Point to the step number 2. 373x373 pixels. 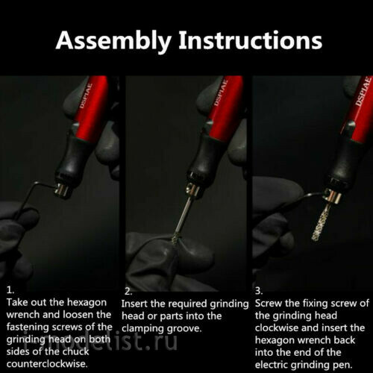(x=129, y=291)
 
